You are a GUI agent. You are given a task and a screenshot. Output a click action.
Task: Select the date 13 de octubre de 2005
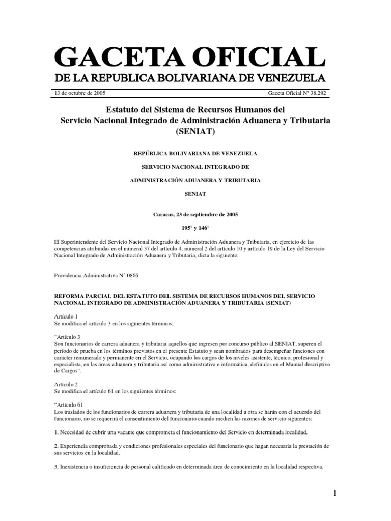click(x=80, y=93)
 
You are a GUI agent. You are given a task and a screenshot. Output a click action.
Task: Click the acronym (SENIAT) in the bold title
click(x=195, y=132)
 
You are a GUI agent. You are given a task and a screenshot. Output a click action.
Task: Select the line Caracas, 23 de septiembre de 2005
click(x=195, y=215)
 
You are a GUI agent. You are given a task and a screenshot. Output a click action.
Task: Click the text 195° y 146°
click(x=195, y=228)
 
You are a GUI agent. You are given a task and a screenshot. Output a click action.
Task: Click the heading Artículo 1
click(x=65, y=316)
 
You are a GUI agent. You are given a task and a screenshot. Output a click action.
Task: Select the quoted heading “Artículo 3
click(x=67, y=336)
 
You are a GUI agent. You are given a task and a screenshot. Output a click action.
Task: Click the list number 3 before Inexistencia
click(x=55, y=465)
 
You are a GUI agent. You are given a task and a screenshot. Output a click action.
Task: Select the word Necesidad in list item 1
click(x=73, y=431)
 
